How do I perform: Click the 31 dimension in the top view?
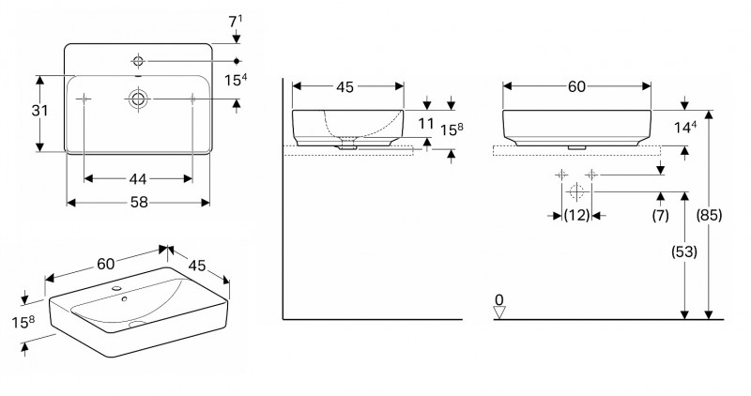(38, 111)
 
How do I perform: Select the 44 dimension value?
(138, 178)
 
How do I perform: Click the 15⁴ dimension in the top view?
(237, 81)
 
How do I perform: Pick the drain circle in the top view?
(138, 98)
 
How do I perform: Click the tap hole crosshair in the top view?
(138, 61)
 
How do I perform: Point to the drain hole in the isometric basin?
(138, 325)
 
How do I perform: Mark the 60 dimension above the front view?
(576, 87)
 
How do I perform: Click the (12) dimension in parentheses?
(576, 216)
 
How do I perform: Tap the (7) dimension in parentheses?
(661, 216)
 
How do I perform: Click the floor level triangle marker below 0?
(500, 312)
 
